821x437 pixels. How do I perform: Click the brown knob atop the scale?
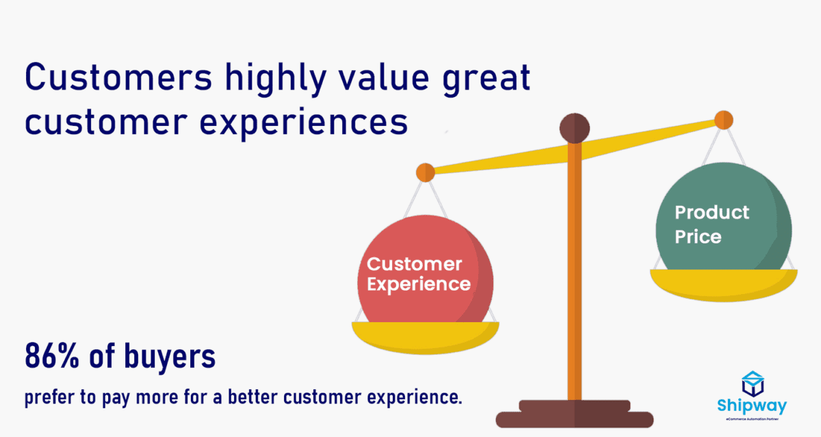[x=574, y=129]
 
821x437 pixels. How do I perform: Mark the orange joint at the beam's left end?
[x=425, y=172]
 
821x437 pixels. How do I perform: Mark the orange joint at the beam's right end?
[x=723, y=120]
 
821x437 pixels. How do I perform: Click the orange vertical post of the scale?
[x=574, y=274]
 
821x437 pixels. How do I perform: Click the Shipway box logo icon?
[x=752, y=384]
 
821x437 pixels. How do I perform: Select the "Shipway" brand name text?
[x=752, y=406]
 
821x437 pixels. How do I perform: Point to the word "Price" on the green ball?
[x=698, y=237]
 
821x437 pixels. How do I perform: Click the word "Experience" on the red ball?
[x=418, y=284]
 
